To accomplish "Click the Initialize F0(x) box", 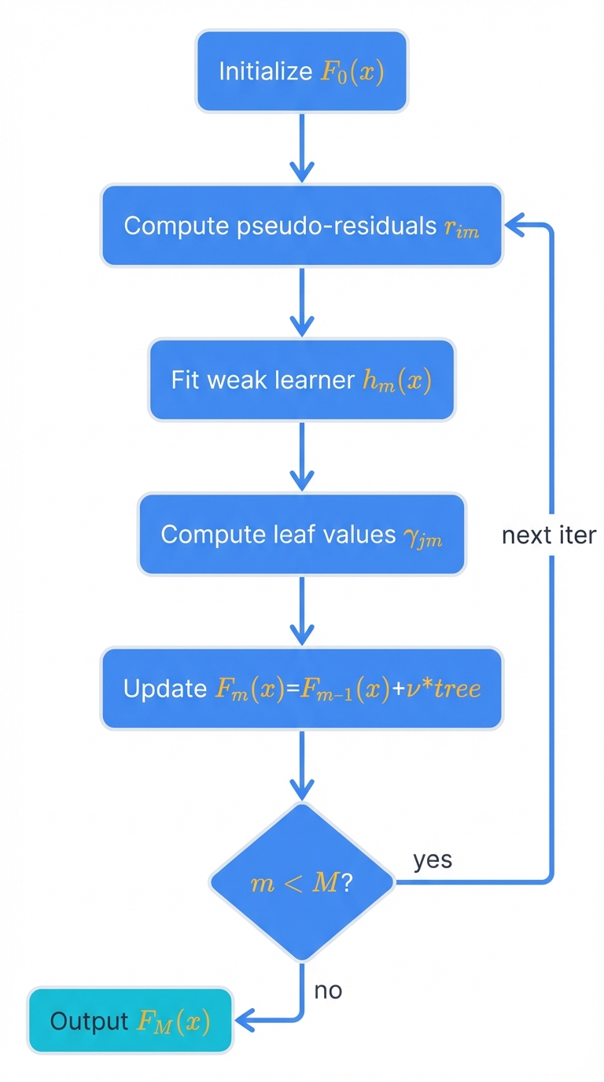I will pos(301,71).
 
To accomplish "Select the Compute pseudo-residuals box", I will pos(301,226).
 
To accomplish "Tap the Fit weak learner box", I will pos(301,380).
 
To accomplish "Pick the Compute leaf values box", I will pos(301,534).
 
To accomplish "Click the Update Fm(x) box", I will pos(301,689).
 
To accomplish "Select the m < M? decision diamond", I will pos(301,882).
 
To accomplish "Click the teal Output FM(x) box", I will pos(131,1021).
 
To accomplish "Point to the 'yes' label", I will pos(433,859).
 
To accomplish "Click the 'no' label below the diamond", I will pos(328,990).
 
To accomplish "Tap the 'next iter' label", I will pos(549,535).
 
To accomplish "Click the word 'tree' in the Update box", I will pos(455,690).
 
